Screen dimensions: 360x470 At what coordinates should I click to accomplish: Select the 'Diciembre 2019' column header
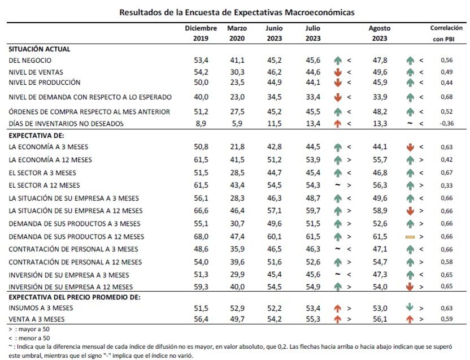click(x=201, y=33)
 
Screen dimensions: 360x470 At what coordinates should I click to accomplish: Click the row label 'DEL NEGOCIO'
click(x=31, y=60)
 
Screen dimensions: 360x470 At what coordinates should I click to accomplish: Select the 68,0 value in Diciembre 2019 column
click(x=201, y=236)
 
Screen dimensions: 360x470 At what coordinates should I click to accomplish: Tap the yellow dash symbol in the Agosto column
click(x=411, y=237)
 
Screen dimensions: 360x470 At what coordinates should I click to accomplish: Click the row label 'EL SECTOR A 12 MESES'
click(x=44, y=185)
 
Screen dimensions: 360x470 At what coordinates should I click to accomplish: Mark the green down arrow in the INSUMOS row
click(x=411, y=308)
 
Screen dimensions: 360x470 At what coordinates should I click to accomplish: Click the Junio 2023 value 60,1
click(x=274, y=236)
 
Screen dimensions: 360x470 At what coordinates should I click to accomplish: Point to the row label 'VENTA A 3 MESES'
click(x=38, y=319)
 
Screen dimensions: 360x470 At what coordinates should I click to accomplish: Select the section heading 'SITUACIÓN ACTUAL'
click(x=40, y=49)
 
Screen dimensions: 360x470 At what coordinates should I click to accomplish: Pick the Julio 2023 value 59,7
click(x=313, y=211)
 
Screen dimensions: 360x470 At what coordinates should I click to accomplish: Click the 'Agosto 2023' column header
click(x=379, y=33)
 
